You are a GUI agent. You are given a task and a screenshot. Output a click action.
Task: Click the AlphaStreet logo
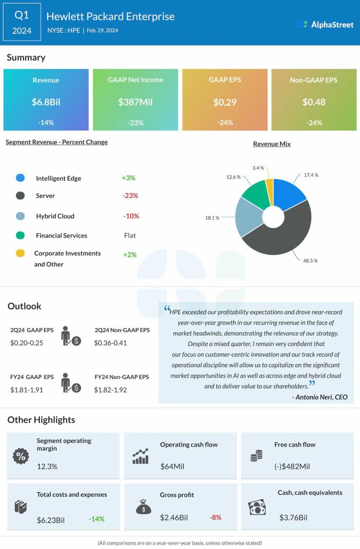(x=325, y=24)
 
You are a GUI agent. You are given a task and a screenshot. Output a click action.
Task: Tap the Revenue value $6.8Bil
(x=46, y=102)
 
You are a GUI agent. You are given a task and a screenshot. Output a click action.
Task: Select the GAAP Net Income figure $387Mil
(x=135, y=102)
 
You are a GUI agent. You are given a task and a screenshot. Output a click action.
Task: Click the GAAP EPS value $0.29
(x=225, y=102)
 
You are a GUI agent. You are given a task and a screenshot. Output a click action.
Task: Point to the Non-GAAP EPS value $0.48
(x=314, y=102)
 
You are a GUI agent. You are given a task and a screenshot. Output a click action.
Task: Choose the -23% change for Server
(x=130, y=196)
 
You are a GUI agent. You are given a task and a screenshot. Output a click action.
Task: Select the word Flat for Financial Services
(x=130, y=235)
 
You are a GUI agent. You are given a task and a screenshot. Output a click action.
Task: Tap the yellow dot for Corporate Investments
(x=20, y=254)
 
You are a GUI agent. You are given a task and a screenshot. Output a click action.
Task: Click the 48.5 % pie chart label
(x=310, y=261)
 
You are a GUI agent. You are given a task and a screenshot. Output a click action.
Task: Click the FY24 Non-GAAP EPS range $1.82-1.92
(x=111, y=390)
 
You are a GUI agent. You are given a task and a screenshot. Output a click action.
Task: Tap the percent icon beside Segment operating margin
(x=21, y=456)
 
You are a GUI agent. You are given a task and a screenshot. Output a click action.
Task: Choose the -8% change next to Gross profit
(x=215, y=517)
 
